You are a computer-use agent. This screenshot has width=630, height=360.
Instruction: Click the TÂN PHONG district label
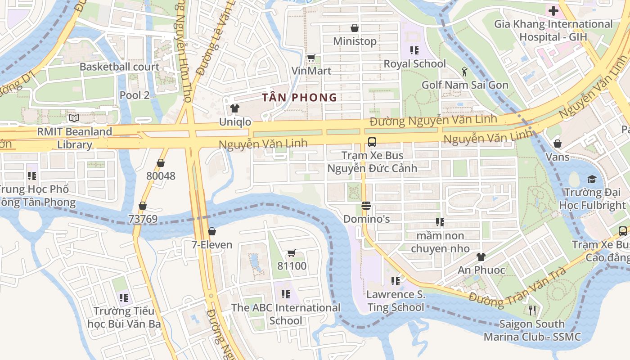pos(300,97)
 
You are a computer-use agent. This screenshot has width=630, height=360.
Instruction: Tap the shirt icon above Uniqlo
pos(234,108)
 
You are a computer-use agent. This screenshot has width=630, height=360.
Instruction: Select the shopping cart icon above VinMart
pos(311,58)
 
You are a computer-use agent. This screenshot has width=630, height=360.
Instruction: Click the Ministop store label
pos(355,41)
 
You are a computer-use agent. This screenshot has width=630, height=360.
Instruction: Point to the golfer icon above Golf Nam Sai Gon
pos(464,71)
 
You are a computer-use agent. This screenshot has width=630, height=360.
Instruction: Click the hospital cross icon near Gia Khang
pos(553,11)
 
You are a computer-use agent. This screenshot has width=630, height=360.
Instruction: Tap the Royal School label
pos(414,64)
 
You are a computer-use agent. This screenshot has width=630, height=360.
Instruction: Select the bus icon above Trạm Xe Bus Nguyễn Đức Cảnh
pos(372,142)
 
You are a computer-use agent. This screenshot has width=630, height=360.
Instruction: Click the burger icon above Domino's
pos(366,206)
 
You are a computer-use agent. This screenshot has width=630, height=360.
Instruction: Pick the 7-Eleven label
pos(212,245)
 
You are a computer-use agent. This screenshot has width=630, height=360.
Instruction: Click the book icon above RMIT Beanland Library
pos(74,118)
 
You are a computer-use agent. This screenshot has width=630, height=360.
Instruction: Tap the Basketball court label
pos(119,67)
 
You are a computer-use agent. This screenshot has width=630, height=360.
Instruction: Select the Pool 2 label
pos(135,95)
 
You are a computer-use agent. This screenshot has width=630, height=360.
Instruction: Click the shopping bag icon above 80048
pos(161,163)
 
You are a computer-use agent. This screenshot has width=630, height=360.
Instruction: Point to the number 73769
pos(143,219)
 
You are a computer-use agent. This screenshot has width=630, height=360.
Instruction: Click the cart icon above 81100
pos(292,253)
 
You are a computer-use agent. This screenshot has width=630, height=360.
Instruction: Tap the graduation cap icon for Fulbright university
pos(591,180)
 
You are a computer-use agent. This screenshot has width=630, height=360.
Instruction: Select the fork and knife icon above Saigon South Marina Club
pos(532,310)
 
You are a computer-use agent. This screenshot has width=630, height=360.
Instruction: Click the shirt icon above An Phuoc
pos(481,257)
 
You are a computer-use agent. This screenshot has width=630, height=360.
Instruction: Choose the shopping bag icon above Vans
pos(558,144)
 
